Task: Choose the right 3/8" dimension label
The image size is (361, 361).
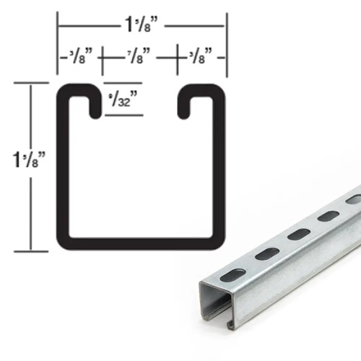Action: click(x=201, y=55)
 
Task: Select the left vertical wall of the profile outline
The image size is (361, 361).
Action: click(x=62, y=166)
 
